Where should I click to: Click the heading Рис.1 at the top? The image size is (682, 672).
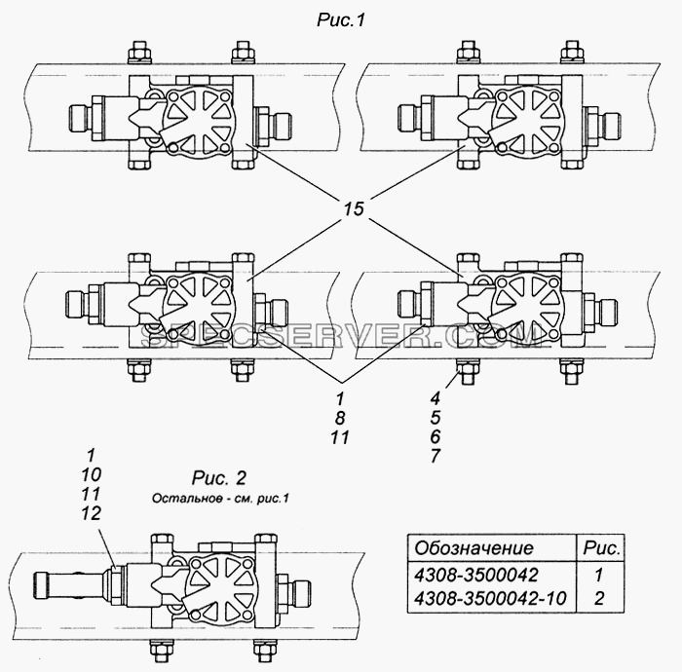(x=341, y=20)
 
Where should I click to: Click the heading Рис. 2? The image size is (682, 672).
(x=219, y=478)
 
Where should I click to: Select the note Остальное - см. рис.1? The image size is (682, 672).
(x=220, y=498)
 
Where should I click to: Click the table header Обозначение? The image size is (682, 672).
(x=474, y=548)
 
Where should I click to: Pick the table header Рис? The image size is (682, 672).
(x=601, y=548)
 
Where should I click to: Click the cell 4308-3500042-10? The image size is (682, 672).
(x=490, y=599)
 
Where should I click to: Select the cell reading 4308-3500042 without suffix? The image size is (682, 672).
(x=476, y=575)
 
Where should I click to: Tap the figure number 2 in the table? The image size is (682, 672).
(x=599, y=599)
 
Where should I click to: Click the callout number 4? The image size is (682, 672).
(x=436, y=397)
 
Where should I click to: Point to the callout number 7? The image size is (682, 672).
(x=436, y=456)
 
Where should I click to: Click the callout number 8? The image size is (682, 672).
(x=340, y=418)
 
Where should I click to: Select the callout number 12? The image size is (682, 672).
(x=91, y=514)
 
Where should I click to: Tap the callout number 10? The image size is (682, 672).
(x=91, y=474)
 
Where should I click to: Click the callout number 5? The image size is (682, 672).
(x=436, y=417)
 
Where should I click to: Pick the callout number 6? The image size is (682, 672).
(x=436, y=436)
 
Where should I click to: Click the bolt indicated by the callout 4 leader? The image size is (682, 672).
(x=468, y=371)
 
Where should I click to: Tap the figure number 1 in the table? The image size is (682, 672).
(x=599, y=575)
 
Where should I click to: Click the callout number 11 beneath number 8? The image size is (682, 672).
(x=340, y=437)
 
